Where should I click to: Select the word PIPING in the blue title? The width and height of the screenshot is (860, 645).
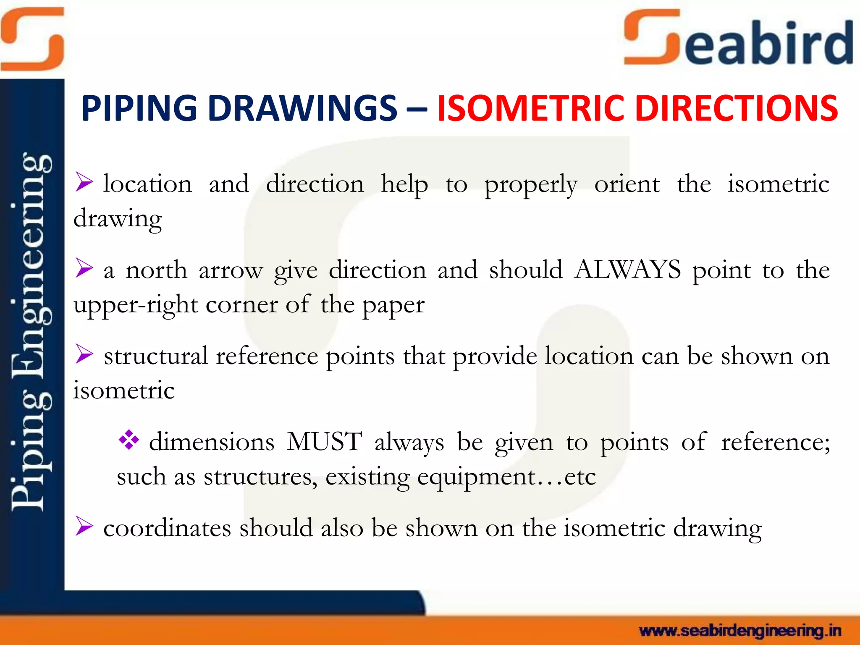[139, 108]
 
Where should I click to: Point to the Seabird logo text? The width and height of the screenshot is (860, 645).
[739, 40]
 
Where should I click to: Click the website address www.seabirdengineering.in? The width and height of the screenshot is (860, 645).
[740, 630]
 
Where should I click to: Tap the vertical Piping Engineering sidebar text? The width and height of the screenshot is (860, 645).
[31, 332]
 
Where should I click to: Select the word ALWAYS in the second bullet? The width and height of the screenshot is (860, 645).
[628, 270]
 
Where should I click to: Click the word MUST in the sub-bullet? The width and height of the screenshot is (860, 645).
[324, 442]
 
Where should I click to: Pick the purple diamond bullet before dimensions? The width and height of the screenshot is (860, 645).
[128, 440]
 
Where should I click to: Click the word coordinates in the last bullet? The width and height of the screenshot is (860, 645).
[167, 528]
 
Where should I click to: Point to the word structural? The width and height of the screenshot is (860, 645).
[156, 356]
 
